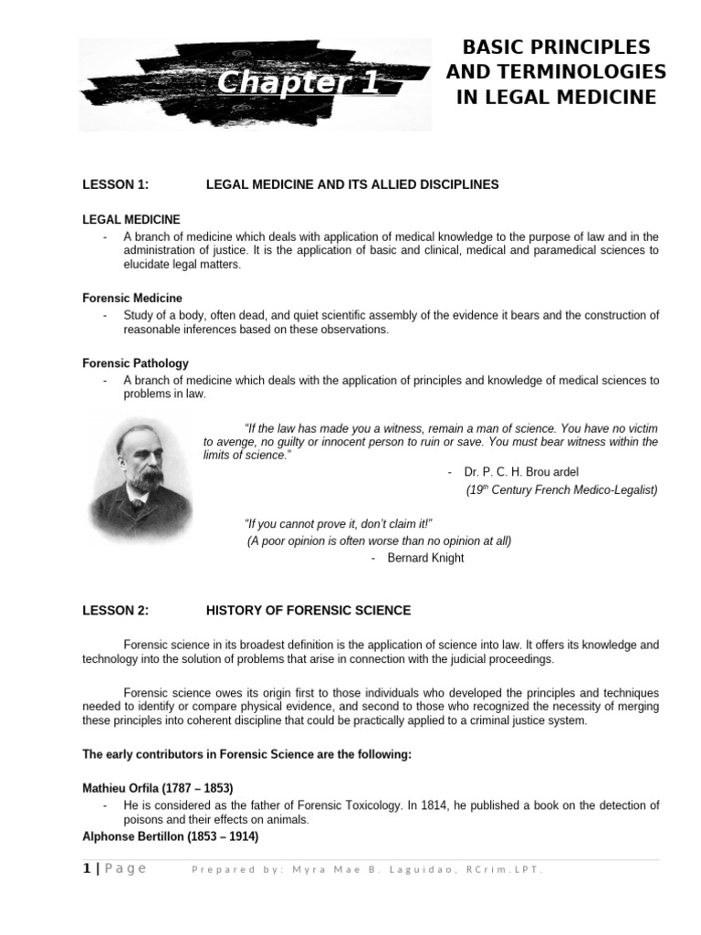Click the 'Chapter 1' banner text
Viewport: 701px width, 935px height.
click(x=298, y=84)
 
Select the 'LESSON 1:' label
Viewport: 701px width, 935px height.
click(x=115, y=184)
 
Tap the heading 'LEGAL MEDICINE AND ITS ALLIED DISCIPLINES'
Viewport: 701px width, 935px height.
click(x=352, y=184)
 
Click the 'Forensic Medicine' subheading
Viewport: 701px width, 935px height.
click(x=132, y=298)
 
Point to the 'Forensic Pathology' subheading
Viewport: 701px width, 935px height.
click(x=135, y=363)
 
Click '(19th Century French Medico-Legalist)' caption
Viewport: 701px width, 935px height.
click(x=561, y=489)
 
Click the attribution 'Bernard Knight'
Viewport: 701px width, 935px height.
click(x=425, y=558)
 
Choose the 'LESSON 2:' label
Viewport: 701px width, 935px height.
click(x=115, y=610)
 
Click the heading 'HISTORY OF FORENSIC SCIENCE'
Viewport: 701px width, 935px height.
click(x=309, y=610)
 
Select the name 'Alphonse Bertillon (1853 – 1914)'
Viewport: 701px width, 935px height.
click(x=170, y=836)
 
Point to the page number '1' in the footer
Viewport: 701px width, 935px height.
click(x=87, y=868)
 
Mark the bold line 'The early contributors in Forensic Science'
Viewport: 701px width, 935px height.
click(x=246, y=754)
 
